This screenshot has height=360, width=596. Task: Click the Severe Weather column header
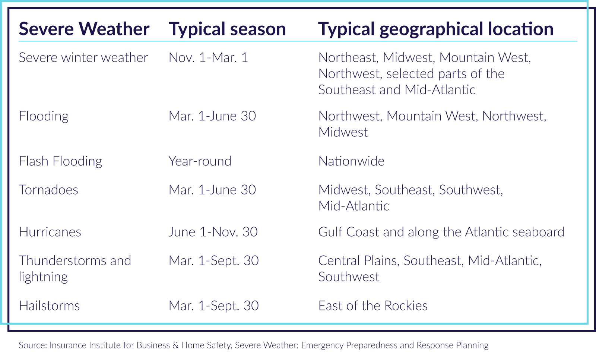pos(84,29)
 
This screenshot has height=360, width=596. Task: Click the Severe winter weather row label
pos(83,57)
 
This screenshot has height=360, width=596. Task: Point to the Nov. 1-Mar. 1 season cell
pos(208,57)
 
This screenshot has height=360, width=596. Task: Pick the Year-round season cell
pos(200,161)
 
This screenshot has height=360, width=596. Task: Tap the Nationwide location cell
pos(352,161)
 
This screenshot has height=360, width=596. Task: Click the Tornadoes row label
pos(48,190)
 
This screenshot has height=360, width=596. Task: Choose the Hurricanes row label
pos(50,232)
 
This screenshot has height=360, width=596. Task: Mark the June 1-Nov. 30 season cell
pos(213,232)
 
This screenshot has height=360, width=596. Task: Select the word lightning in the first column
pos(43,277)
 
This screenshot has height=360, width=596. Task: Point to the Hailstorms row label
pos(49,306)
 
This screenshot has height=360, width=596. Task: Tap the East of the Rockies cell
pos(373,306)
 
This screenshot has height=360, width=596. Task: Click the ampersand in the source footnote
pos(175,345)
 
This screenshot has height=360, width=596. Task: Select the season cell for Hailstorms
pos(214,306)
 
